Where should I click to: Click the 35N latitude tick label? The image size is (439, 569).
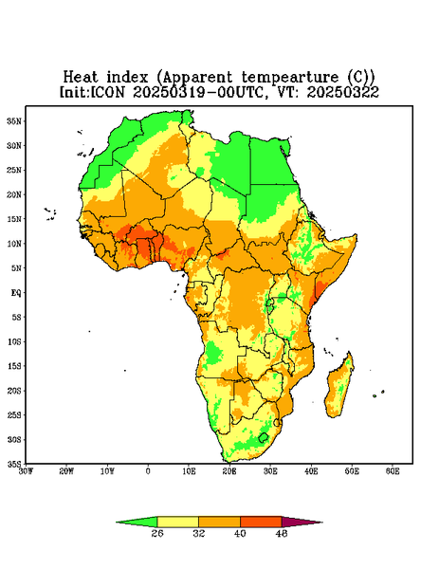(x=14, y=121)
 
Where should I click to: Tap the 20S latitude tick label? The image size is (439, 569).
(x=14, y=391)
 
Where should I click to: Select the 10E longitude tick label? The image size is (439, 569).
(x=189, y=471)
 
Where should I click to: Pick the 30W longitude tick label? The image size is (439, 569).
(x=26, y=471)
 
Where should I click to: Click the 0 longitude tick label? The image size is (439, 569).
(x=148, y=471)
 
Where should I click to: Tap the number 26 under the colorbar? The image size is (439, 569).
(x=157, y=533)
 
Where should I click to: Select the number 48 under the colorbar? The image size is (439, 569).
(x=282, y=533)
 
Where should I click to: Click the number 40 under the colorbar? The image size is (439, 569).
(x=240, y=533)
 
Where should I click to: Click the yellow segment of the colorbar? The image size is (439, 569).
(x=177, y=522)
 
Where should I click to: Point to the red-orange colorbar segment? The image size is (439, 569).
(x=261, y=522)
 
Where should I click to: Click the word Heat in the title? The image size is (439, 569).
(x=81, y=78)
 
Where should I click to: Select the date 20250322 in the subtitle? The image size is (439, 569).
(x=343, y=92)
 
